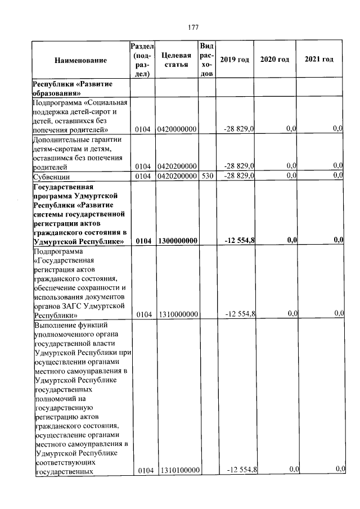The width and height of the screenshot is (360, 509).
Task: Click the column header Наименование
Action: (80, 60)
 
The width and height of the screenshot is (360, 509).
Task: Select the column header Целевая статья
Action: (176, 60)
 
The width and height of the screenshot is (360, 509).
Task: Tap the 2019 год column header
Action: (235, 60)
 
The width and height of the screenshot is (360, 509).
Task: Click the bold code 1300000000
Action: (177, 241)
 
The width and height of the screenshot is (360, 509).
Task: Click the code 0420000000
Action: (177, 129)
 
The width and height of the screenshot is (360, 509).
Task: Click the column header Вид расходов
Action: (206, 60)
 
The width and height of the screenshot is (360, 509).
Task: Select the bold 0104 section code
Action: (144, 241)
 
